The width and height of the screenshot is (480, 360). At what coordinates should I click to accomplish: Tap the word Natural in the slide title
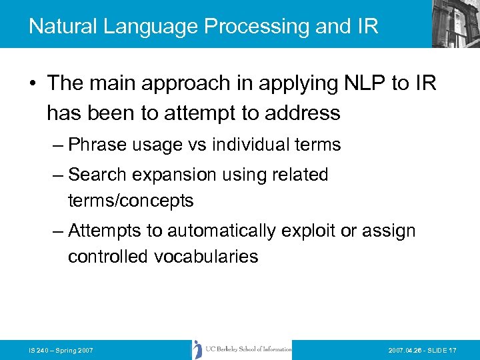click(x=63, y=27)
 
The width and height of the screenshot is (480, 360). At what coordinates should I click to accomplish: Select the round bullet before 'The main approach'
click(x=33, y=84)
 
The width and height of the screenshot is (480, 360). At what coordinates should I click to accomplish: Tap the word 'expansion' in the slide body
click(x=175, y=175)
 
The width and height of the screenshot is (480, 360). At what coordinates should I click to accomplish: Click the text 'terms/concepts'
click(x=131, y=200)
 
